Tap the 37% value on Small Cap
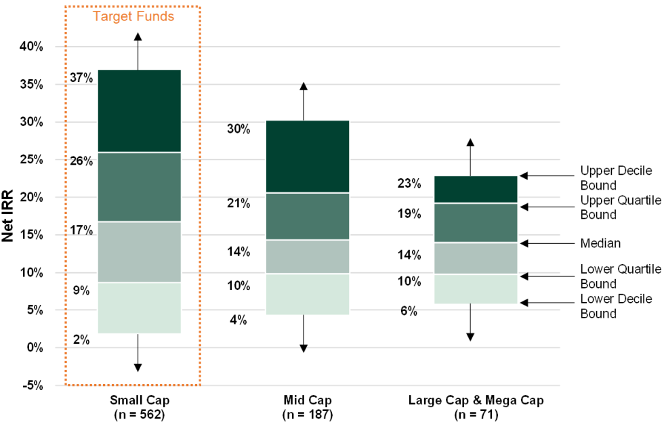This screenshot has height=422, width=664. (x=81, y=77)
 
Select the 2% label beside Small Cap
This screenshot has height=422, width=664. (x=81, y=339)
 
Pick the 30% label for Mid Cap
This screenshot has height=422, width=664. (x=238, y=129)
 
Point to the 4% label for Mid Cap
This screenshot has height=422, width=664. (x=238, y=320)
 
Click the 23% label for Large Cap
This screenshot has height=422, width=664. (x=409, y=184)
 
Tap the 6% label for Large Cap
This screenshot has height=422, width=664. (x=409, y=311)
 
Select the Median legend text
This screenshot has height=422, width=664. (x=600, y=242)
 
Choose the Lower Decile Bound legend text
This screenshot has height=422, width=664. (x=615, y=306)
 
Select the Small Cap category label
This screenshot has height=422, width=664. (x=138, y=400)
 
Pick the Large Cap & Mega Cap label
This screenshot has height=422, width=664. (x=476, y=400)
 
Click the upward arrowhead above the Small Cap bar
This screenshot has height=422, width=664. (x=138, y=37)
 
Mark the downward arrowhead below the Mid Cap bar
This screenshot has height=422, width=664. (x=304, y=348)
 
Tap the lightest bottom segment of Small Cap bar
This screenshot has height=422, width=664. (x=138, y=308)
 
